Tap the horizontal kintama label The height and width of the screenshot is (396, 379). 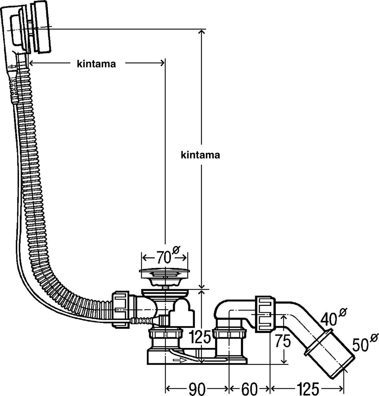pos(96,64)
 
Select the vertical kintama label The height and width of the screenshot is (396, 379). pos(200,155)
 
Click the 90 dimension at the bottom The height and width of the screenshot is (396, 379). pos(197,387)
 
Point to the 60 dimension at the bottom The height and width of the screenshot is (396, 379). pos(250,387)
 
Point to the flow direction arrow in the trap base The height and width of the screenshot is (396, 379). pos(178,360)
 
